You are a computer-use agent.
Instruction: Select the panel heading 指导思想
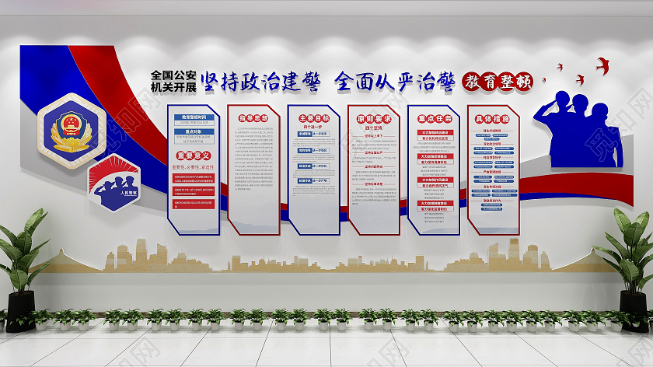pyautogui.click(x=253, y=119)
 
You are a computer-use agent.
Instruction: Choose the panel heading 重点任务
pyautogui.click(x=434, y=119)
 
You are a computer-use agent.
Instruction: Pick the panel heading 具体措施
pyautogui.click(x=492, y=119)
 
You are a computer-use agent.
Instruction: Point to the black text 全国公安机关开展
pyautogui.click(x=173, y=81)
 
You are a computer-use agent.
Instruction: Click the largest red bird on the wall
pyautogui.click(x=602, y=65)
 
